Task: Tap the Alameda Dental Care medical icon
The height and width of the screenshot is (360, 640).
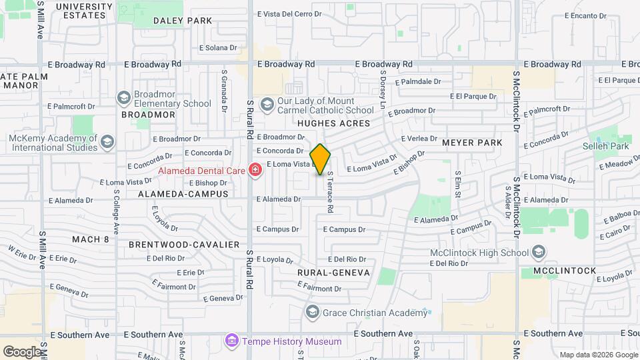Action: [254, 171]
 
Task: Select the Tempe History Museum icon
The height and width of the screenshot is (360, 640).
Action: [231, 341]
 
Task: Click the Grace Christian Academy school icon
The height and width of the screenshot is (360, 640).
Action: [312, 312]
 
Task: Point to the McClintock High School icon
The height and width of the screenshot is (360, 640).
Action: [539, 253]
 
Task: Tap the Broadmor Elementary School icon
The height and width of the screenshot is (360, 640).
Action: [123, 99]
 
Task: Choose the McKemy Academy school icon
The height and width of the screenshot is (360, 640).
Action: [108, 142]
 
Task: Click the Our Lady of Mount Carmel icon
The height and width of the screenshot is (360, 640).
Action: [267, 105]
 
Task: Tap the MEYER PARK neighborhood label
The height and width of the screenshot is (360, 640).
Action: [471, 143]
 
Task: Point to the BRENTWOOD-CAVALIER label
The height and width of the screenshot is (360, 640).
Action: [184, 245]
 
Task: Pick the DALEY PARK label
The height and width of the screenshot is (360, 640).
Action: [183, 21]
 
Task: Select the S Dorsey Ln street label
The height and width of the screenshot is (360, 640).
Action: [383, 90]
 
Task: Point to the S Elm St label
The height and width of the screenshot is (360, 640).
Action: [458, 185]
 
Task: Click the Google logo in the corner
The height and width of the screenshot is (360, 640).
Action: [22, 351]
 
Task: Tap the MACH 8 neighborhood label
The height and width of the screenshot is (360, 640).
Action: [91, 239]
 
